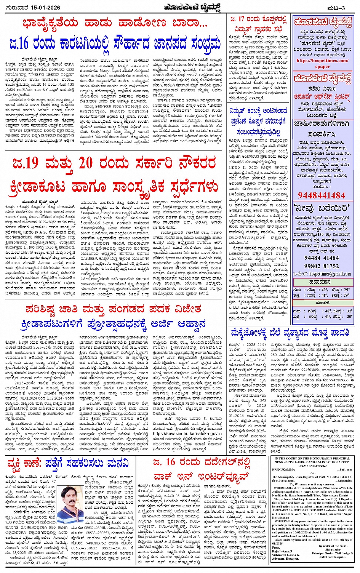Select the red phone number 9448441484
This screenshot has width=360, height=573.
click(x=322, y=195)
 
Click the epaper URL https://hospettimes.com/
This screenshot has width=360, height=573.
click(x=322, y=61)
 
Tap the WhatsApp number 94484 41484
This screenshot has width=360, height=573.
click(x=322, y=258)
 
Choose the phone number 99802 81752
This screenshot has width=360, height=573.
click(x=322, y=266)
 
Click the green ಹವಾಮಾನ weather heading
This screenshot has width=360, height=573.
click(x=322, y=282)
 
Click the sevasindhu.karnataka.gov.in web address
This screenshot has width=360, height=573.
click(x=187, y=434)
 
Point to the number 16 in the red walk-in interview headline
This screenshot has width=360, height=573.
click(x=170, y=462)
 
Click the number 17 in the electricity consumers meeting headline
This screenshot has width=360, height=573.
click(x=241, y=19)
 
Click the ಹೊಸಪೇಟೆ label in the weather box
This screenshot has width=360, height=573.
click(x=322, y=305)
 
